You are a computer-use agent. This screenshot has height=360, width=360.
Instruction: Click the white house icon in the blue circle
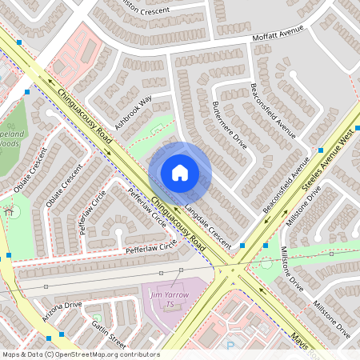click(x=180, y=173)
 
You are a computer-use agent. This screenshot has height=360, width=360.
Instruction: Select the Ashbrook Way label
click(x=133, y=113)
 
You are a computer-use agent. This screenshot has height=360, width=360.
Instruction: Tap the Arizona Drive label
click(x=62, y=306)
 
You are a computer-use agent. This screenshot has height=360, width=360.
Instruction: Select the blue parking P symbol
click(x=231, y=346)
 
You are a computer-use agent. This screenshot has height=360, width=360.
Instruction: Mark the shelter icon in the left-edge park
click(x=12, y=212)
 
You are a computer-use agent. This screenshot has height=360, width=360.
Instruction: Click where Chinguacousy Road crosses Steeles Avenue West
click(x=231, y=267)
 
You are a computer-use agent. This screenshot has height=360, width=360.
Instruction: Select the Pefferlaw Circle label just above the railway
click(x=148, y=250)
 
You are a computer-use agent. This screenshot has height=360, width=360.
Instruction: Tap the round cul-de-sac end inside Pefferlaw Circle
click(x=119, y=233)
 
